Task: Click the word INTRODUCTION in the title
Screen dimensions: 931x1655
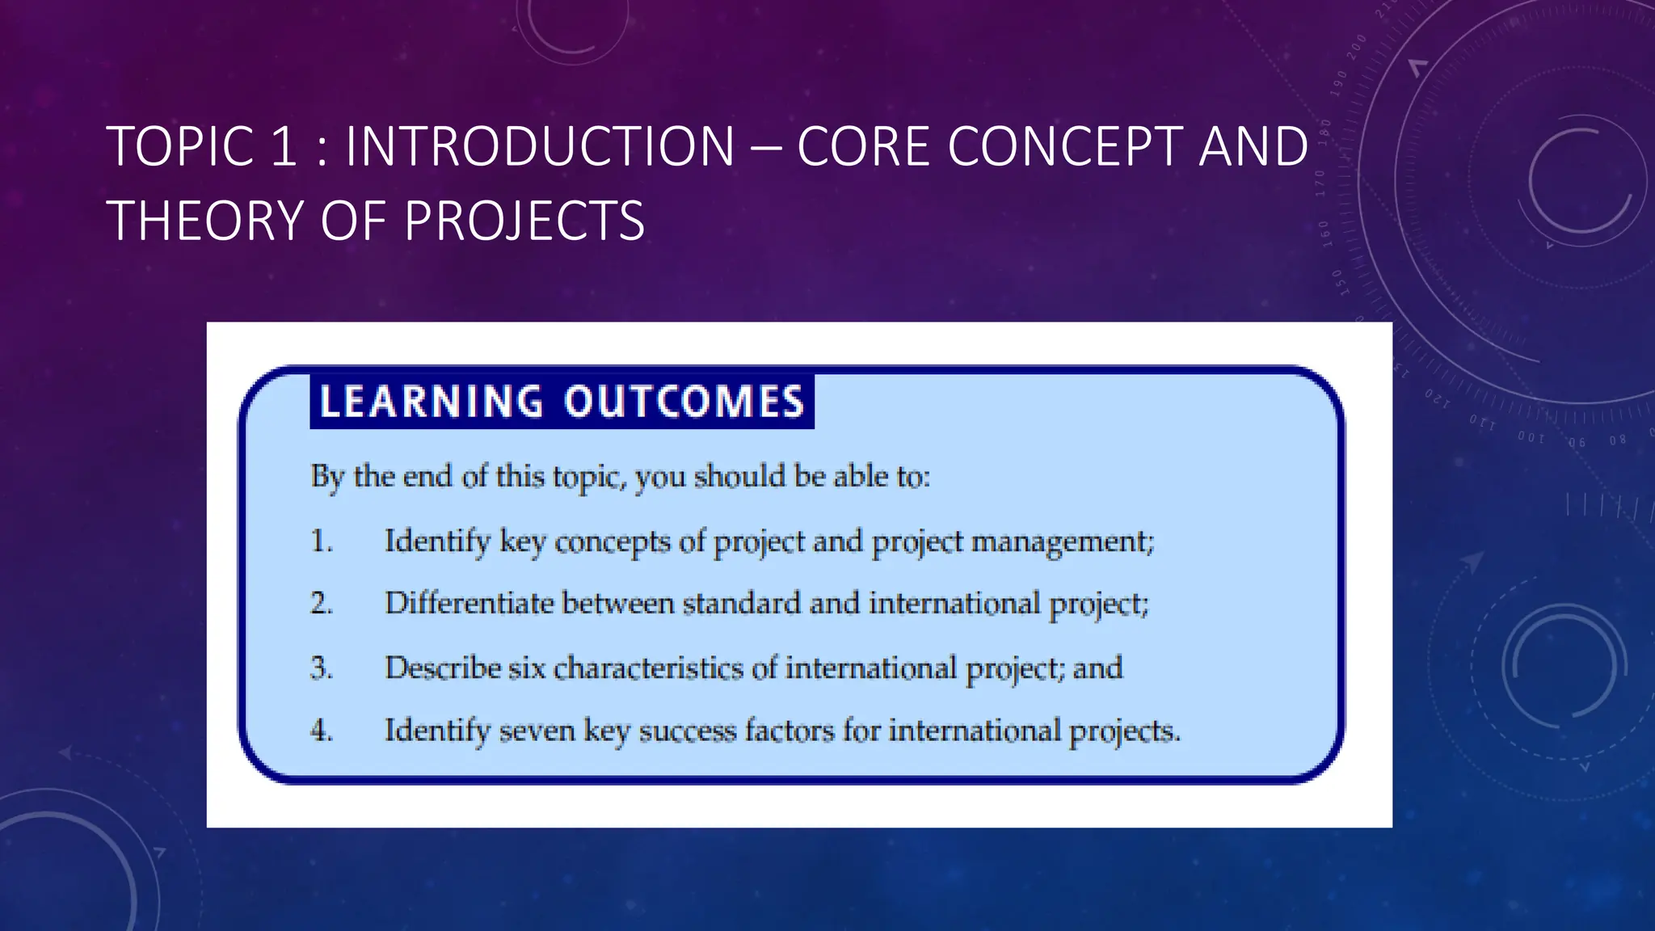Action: coord(539,147)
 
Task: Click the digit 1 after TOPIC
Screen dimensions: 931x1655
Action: coord(284,147)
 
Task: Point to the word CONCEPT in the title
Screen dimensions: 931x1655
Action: coord(1064,147)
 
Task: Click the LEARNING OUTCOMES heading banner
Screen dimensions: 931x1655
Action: coord(562,402)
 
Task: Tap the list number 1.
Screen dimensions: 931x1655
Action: coord(322,541)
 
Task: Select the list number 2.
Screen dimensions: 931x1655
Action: coord(322,604)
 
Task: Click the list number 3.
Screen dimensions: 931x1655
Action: coord(322,668)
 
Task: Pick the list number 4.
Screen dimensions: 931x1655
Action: coord(322,731)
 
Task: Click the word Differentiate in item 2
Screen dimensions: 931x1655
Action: coord(469,604)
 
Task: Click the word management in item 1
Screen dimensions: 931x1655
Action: coord(1061,541)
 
